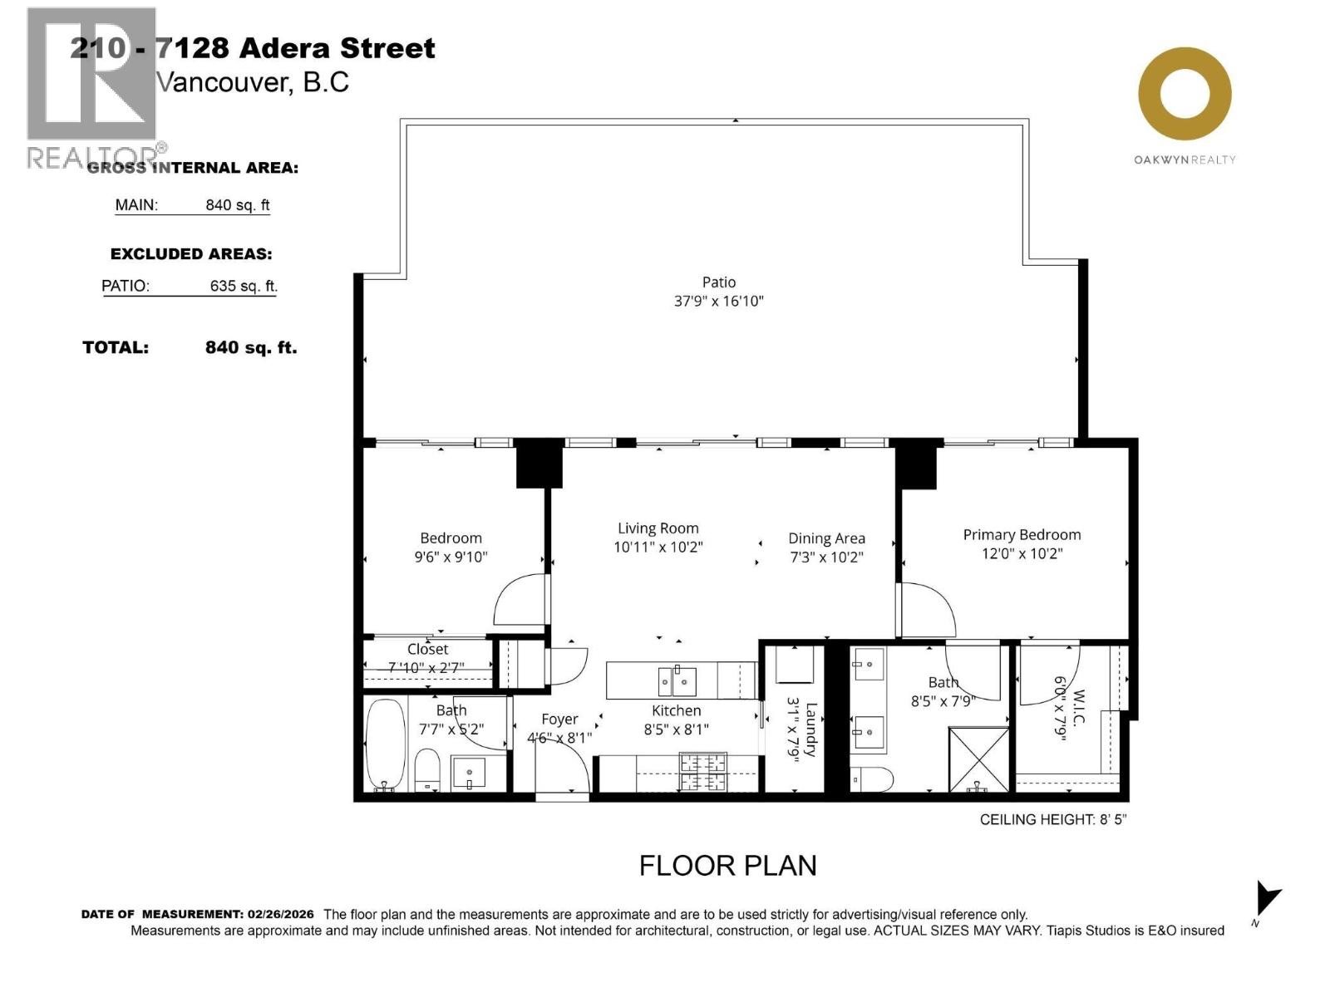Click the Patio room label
pyautogui.click(x=719, y=282)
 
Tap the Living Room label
pyautogui.click(x=658, y=528)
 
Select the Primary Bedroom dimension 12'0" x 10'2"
pyautogui.click(x=1022, y=554)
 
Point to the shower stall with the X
pyautogui.click(x=979, y=758)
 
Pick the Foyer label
pyautogui.click(x=559, y=720)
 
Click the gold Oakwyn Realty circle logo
pyautogui.click(x=1185, y=94)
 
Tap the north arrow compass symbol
pyautogui.click(x=1267, y=899)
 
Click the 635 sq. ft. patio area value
pyautogui.click(x=243, y=286)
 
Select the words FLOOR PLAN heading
pyautogui.click(x=727, y=866)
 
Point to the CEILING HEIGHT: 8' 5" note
pyautogui.click(x=1052, y=819)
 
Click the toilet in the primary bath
pyautogui.click(x=873, y=780)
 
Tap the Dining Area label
pyautogui.click(x=826, y=538)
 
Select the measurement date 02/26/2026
pyautogui.click(x=280, y=914)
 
